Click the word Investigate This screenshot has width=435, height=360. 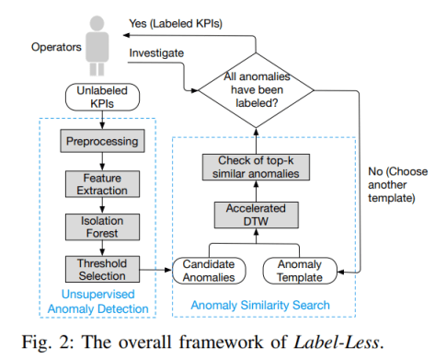tap(156, 53)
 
